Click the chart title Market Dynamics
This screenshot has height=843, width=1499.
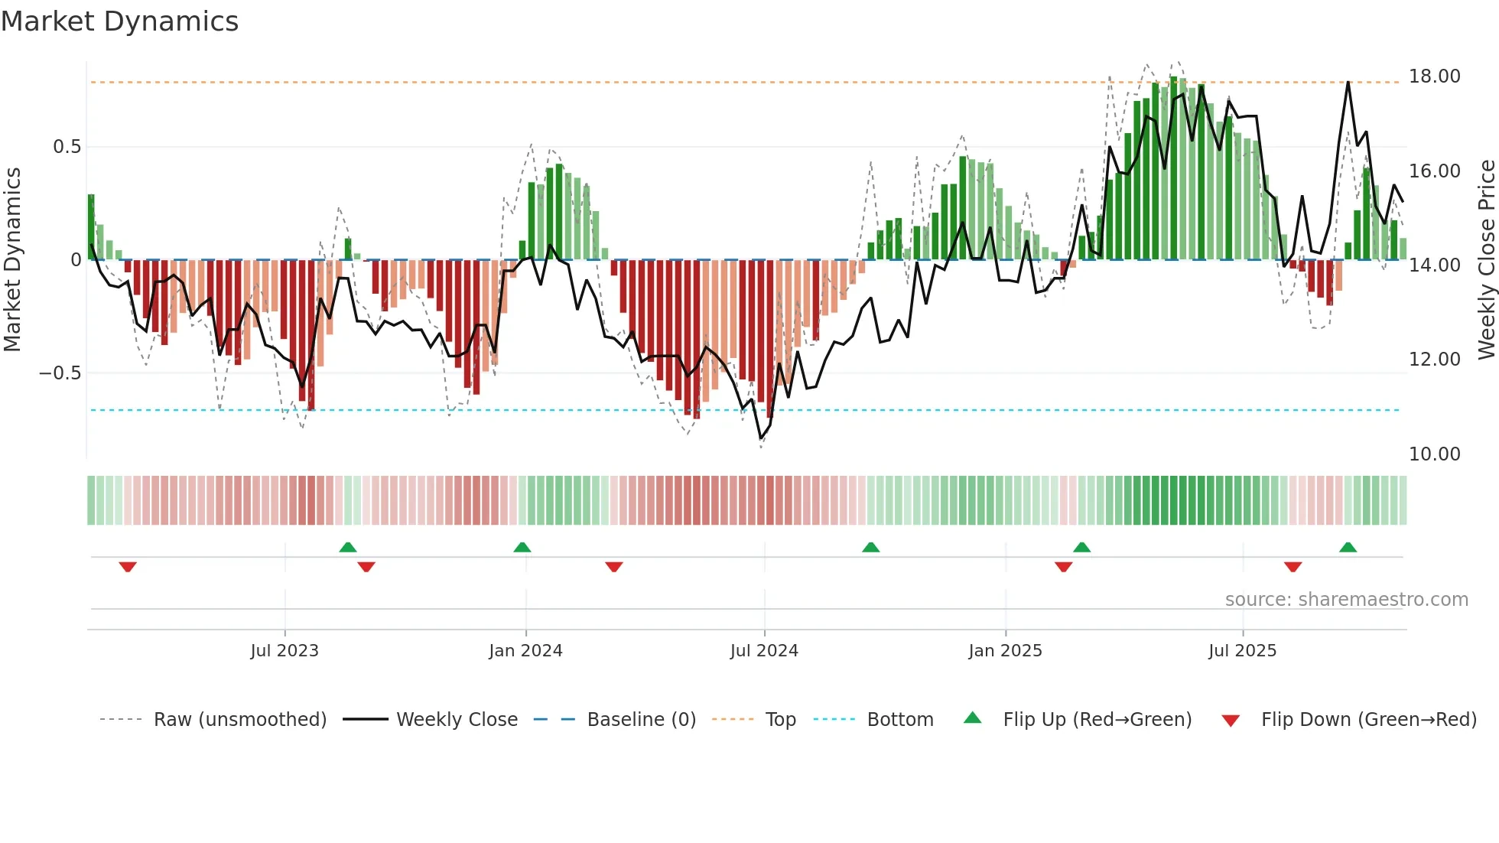tap(119, 21)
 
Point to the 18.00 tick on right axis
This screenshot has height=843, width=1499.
tap(1434, 76)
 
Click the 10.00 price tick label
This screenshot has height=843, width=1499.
tap(1434, 454)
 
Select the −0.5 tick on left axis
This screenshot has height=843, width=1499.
tap(60, 373)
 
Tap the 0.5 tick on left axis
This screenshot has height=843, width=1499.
tap(67, 147)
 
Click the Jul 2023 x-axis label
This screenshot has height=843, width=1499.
tap(285, 651)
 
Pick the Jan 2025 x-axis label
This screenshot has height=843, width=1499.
tap(1005, 651)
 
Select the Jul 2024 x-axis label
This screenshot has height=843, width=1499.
tap(764, 651)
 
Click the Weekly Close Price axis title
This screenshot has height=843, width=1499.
tap(1486, 260)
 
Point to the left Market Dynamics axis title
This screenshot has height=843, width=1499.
tap(13, 260)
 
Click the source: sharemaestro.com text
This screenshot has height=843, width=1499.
tap(1346, 600)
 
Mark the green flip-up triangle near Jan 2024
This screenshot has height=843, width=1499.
tap(522, 548)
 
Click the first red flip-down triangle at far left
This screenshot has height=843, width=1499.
tap(128, 567)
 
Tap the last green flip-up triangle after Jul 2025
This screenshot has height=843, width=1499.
tap(1348, 548)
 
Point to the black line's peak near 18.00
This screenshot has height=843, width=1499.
tap(1348, 83)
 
